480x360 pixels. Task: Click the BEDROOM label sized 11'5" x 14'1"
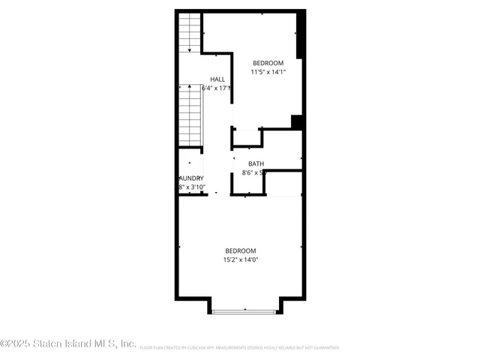(x=268, y=62)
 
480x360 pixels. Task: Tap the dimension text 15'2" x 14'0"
(x=241, y=260)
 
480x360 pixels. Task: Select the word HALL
(x=217, y=79)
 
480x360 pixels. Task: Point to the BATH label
(x=256, y=163)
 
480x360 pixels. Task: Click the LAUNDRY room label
(x=190, y=178)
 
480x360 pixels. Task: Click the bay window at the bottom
(x=245, y=310)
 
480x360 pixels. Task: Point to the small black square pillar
(x=296, y=121)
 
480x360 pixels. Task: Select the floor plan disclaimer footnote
(x=238, y=348)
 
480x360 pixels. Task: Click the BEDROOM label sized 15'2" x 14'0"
(x=241, y=250)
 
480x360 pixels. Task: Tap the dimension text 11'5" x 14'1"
(x=268, y=72)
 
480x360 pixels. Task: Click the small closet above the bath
(x=247, y=138)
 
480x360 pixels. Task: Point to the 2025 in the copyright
(x=19, y=343)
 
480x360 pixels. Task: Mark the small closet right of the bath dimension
(x=283, y=184)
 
